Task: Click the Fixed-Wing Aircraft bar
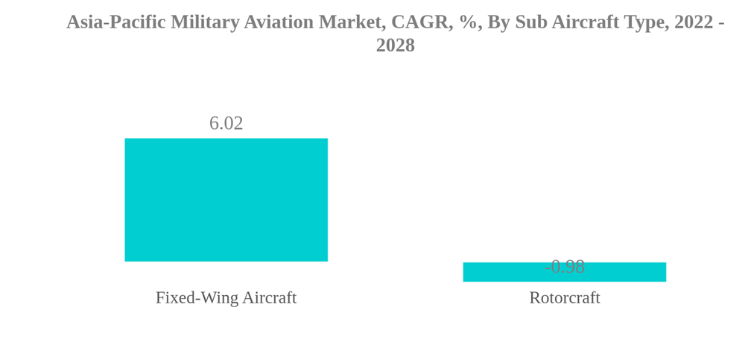226,200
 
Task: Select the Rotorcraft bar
564,273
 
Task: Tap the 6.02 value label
226,123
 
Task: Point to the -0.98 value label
564,266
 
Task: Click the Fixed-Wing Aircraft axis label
226,297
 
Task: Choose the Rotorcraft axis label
564,297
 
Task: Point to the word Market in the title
349,22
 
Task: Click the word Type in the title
644,22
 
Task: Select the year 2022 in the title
694,22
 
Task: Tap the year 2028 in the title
395,45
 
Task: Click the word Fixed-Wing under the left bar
192,297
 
